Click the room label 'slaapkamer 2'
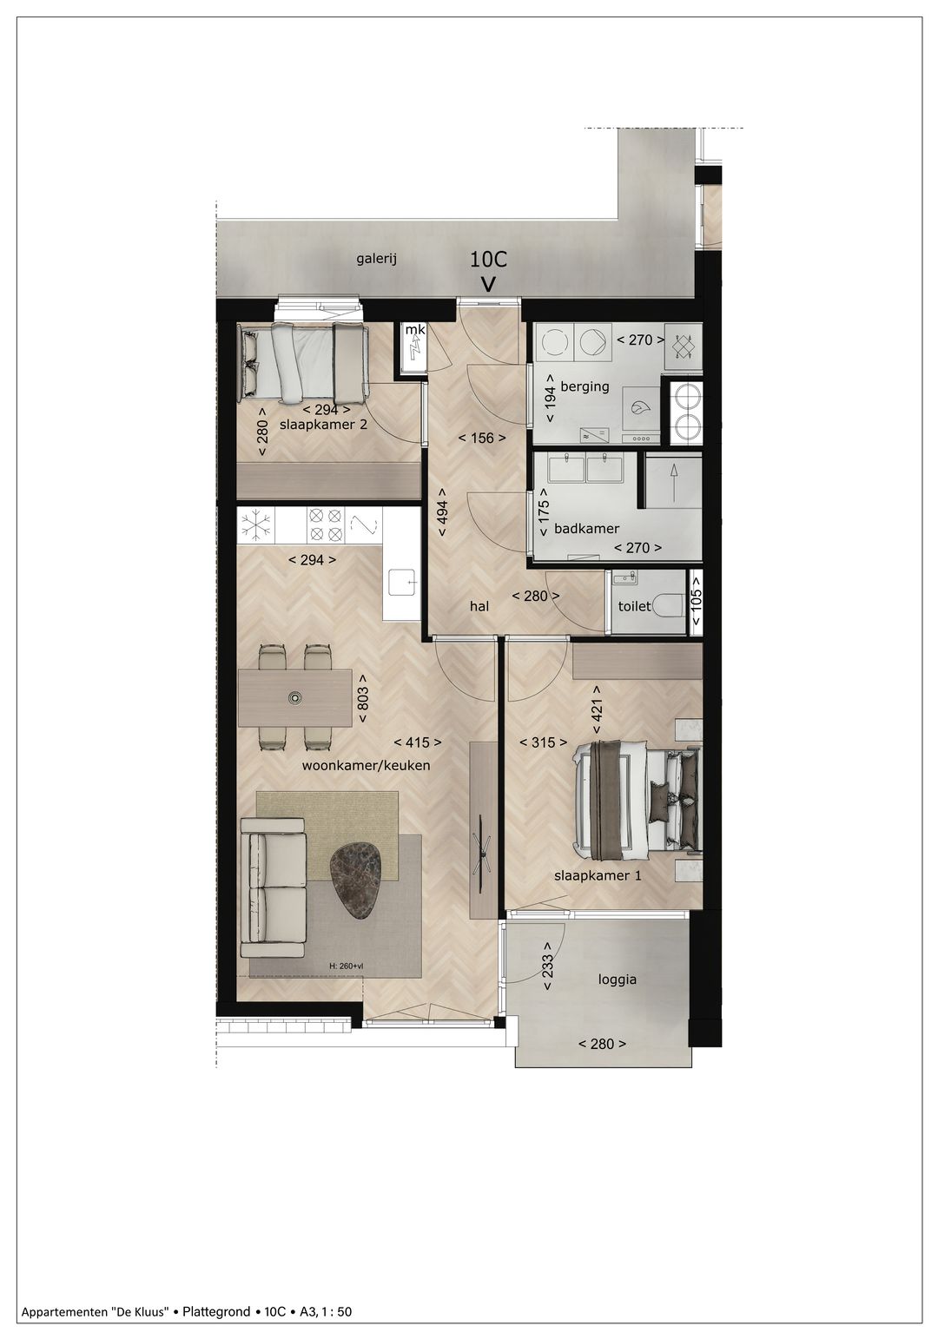pos(317,425)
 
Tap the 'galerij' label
pos(376,258)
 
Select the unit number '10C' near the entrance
pos(488,259)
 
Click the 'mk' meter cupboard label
pos(415,330)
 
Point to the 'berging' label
pos(585,386)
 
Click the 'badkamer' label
pos(586,528)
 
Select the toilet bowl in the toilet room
pos(669,604)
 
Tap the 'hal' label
pos(479,606)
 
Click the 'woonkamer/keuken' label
pos(366,766)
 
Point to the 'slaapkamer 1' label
pos(598,875)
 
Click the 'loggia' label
pos(617,979)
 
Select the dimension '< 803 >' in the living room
pos(363,699)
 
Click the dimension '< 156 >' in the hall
pos(482,438)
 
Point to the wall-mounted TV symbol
pos(482,847)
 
